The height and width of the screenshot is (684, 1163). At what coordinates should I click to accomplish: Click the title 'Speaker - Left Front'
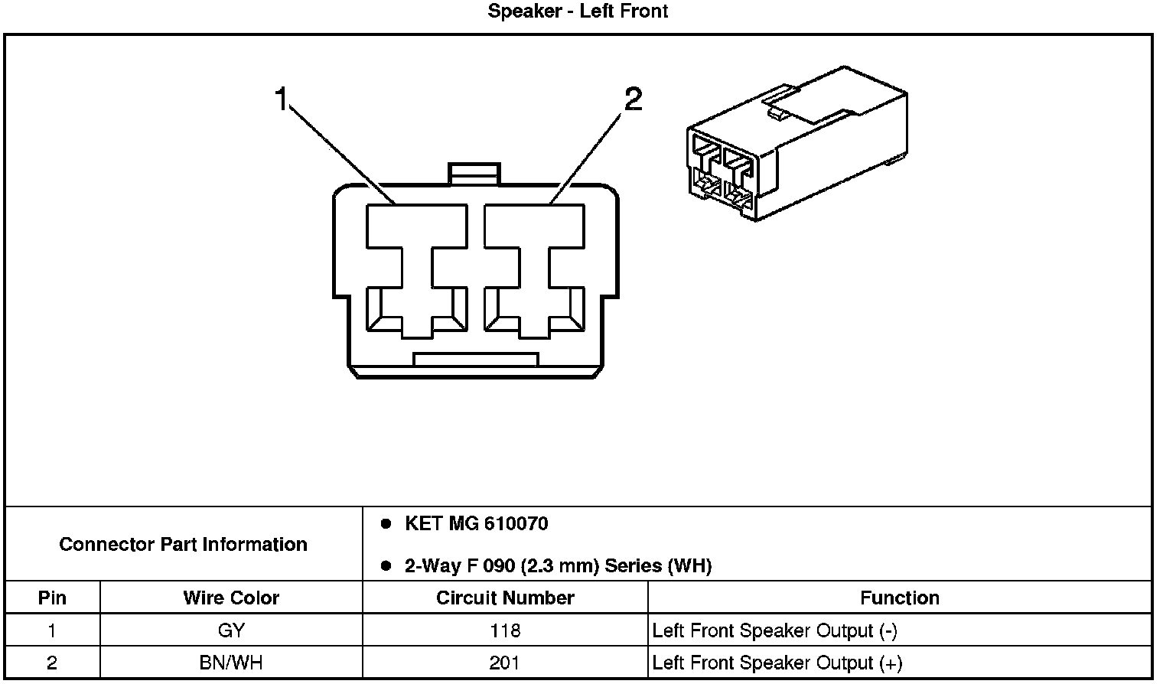pyautogui.click(x=578, y=11)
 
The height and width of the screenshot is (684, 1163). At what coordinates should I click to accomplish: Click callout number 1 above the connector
pyautogui.click(x=282, y=99)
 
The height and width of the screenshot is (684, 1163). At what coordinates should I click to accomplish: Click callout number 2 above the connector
pyautogui.click(x=633, y=99)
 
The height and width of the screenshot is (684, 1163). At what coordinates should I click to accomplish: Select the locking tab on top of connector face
pyautogui.click(x=474, y=174)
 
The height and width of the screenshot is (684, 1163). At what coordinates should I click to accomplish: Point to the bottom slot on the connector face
pyautogui.click(x=475, y=359)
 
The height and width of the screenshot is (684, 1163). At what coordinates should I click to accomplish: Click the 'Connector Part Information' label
pyautogui.click(x=183, y=544)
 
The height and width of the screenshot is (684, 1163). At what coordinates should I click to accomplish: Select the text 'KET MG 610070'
pyautogui.click(x=476, y=524)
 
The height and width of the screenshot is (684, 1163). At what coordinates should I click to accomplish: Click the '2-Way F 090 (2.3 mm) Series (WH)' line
pyautogui.click(x=558, y=566)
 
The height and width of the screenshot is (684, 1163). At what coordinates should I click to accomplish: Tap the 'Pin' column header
pyautogui.click(x=52, y=598)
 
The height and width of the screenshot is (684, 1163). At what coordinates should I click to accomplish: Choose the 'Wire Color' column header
pyautogui.click(x=231, y=598)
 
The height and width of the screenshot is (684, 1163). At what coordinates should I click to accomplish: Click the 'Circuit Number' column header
pyautogui.click(x=505, y=598)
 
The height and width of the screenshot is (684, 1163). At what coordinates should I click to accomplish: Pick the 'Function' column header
pyautogui.click(x=899, y=598)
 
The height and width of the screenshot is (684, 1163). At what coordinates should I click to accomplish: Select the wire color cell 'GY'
pyautogui.click(x=231, y=630)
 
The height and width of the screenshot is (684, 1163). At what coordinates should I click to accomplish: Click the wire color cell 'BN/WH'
pyautogui.click(x=231, y=663)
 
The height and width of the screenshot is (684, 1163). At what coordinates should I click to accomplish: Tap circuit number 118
pyautogui.click(x=505, y=630)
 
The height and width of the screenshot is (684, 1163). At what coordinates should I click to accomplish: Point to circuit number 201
pyautogui.click(x=505, y=663)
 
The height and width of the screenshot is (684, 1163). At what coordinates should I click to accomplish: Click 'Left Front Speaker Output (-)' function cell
pyautogui.click(x=774, y=630)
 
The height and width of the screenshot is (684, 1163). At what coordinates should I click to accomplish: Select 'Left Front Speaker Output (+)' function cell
pyautogui.click(x=777, y=663)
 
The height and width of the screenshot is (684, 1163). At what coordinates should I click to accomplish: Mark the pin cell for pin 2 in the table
pyautogui.click(x=52, y=663)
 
